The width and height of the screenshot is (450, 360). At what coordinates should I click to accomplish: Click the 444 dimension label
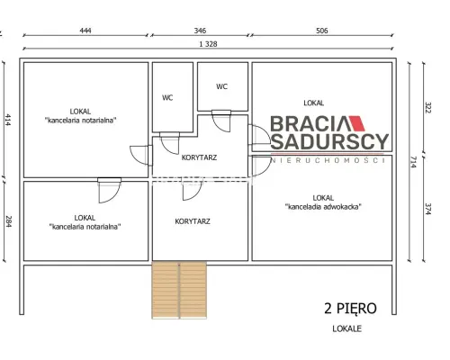tap(85, 31)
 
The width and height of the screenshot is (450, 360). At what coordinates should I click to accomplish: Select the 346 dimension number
tap(200, 31)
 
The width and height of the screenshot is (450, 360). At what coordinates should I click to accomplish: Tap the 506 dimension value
tap(322, 31)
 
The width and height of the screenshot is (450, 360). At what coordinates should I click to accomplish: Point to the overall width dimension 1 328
tap(208, 44)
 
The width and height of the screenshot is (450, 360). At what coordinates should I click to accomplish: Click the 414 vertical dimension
tap(8, 120)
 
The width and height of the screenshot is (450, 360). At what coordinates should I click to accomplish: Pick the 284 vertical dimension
tap(8, 221)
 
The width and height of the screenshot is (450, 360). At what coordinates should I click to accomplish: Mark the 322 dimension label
tap(428, 108)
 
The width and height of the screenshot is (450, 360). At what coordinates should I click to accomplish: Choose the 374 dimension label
tap(428, 209)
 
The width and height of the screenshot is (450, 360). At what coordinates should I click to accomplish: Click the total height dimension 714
tap(414, 162)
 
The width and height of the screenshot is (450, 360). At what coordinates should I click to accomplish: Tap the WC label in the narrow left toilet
tap(167, 98)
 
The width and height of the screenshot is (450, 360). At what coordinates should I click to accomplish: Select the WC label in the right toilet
tap(222, 86)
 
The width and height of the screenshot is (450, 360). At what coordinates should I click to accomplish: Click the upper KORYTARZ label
tap(199, 157)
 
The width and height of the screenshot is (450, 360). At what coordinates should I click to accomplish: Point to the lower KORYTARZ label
tap(193, 221)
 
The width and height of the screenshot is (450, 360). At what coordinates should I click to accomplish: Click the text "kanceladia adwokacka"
tap(323, 207)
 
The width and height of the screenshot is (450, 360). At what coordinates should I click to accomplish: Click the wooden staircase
tap(179, 290)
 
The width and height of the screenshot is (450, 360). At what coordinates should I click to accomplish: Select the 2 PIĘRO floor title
tap(350, 309)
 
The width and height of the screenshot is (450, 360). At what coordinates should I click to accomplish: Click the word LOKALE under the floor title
tap(347, 328)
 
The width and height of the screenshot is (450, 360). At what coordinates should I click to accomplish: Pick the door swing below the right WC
tap(221, 121)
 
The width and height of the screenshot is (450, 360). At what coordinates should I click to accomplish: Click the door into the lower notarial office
tap(110, 190)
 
